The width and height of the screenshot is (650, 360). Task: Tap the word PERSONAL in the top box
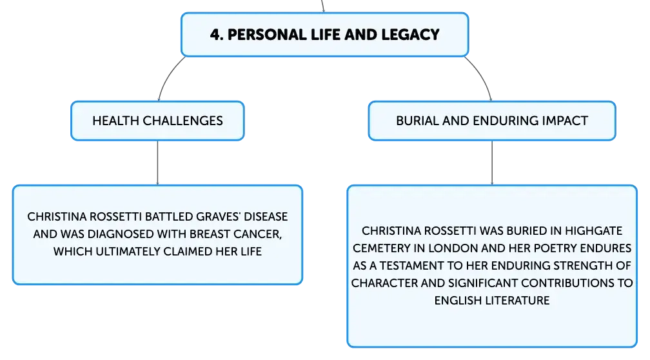click(x=267, y=34)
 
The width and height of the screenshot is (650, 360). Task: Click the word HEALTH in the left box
click(x=115, y=121)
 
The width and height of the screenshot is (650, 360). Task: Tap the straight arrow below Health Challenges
click(x=157, y=163)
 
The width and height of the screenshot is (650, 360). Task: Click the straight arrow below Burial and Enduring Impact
click(x=492, y=163)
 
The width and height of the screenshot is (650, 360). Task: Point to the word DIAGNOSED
click(x=114, y=234)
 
